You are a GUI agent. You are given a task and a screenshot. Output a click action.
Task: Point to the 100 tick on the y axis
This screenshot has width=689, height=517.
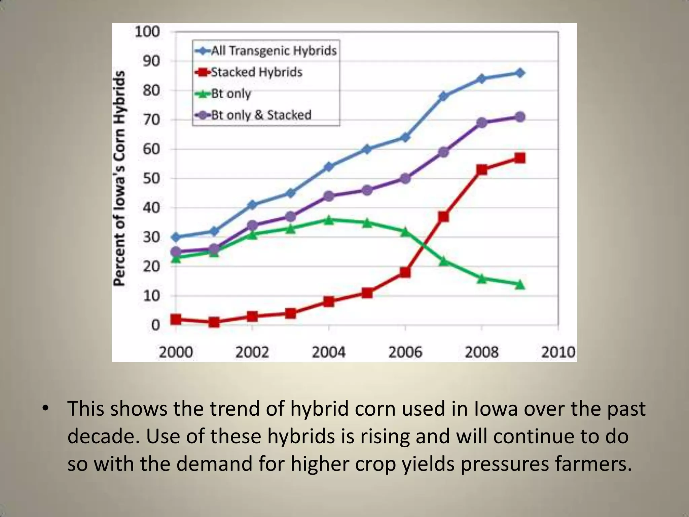(147, 32)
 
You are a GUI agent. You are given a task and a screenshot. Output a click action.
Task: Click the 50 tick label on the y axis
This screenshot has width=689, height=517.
(151, 178)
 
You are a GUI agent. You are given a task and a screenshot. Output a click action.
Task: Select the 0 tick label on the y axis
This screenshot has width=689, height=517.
(155, 325)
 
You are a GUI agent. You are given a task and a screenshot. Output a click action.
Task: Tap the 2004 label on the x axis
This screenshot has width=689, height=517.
(329, 352)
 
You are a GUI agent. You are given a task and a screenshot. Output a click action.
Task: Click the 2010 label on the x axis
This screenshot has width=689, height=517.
(558, 352)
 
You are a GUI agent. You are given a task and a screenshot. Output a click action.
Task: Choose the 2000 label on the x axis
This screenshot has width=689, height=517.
(176, 352)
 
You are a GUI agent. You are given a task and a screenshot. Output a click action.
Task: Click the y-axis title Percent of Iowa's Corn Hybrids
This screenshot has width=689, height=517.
(119, 178)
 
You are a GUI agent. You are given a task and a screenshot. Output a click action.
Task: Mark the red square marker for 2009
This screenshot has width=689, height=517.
(520, 158)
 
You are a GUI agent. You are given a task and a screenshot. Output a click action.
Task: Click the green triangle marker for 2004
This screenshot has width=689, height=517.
(329, 220)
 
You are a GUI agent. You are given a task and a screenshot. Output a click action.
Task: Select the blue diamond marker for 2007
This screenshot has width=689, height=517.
(443, 96)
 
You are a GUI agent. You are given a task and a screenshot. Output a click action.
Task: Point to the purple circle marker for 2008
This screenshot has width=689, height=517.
(482, 123)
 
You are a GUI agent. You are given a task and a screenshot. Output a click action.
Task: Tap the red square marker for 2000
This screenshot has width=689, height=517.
(176, 319)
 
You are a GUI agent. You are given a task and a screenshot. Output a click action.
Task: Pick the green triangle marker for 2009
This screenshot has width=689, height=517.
(520, 285)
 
